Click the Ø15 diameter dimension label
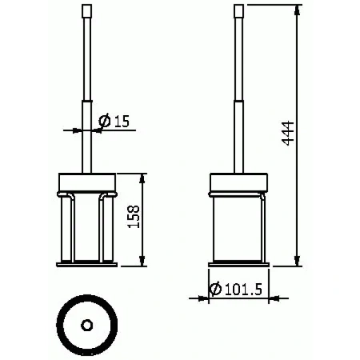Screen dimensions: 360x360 coord(114,122)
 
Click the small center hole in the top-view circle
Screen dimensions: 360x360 coord(87,326)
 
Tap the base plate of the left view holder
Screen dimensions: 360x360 coord(87,263)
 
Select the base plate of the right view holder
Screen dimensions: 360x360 coord(238,263)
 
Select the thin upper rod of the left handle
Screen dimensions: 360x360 coord(87,56)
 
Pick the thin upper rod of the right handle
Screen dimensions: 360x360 coord(238,56)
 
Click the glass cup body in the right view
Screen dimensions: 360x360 coord(238,228)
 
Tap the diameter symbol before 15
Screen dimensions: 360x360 coord(104,122)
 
